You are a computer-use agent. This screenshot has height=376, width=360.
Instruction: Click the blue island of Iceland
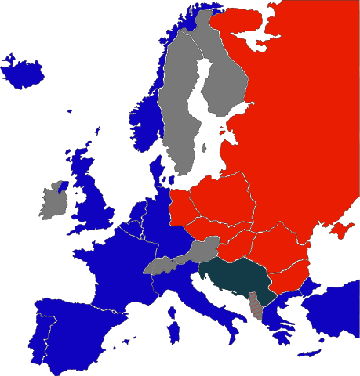tap(24, 74)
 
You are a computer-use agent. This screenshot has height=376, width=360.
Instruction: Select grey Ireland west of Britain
tap(53, 202)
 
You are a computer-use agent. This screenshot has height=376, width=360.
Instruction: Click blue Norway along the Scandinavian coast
tap(145, 117)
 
